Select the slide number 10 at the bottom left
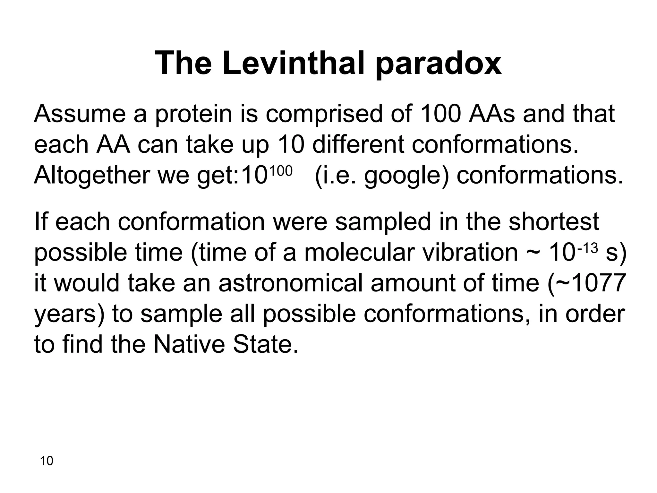tap(47, 461)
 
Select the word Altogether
tap(92, 176)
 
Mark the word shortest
tap(553, 222)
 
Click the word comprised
tap(324, 115)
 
